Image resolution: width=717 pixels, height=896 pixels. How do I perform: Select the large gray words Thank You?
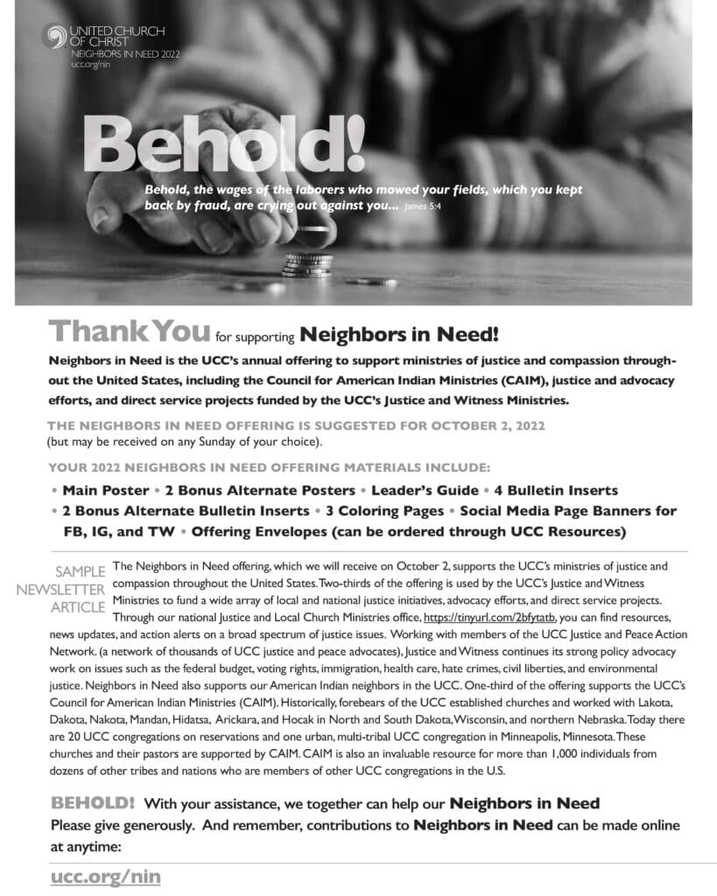(130, 331)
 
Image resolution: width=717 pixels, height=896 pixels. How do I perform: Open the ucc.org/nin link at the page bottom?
(105, 875)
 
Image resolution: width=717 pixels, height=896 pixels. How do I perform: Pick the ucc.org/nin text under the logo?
(88, 65)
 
